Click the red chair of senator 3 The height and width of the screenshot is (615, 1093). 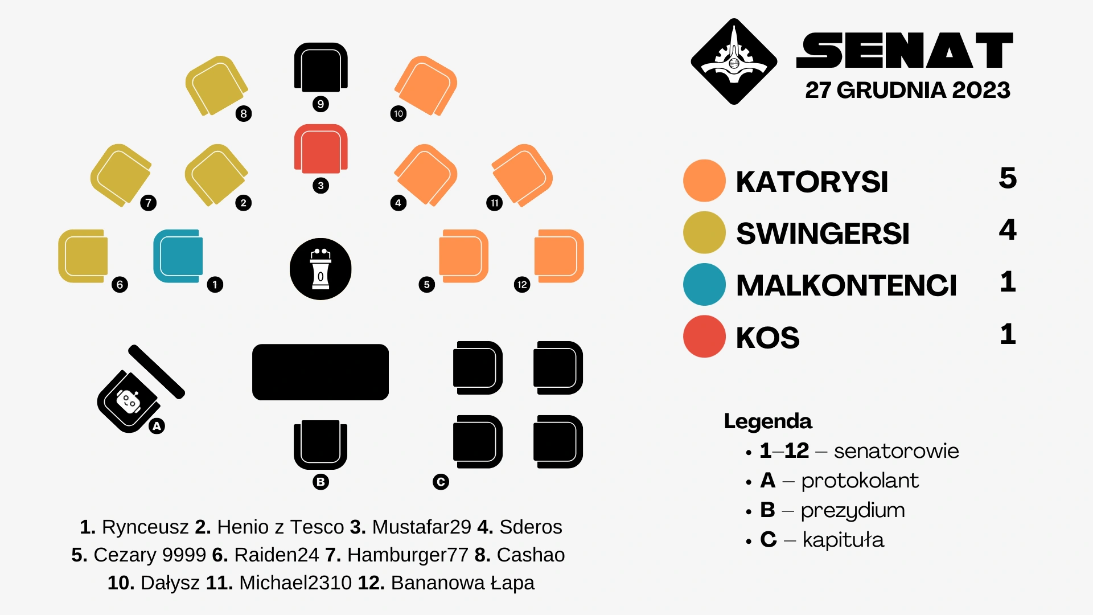(320, 149)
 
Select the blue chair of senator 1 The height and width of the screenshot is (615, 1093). (178, 256)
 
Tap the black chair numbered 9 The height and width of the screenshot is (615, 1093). (320, 67)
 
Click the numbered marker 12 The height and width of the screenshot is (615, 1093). (522, 285)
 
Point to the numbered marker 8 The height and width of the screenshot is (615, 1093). (244, 114)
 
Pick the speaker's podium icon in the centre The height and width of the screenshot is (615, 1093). (320, 269)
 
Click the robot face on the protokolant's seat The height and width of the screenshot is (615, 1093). (129, 401)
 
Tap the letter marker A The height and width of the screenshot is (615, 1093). (157, 426)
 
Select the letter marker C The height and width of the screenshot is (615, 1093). (441, 482)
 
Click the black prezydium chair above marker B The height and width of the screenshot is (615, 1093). (320, 444)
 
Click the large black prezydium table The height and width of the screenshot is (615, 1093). (320, 372)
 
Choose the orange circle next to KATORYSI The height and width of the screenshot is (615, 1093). (704, 181)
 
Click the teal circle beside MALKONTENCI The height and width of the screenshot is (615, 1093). (704, 284)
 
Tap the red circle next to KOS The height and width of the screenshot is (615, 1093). (704, 337)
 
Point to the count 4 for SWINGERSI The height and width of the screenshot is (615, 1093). (1008, 230)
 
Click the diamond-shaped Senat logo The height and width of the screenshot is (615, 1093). (734, 61)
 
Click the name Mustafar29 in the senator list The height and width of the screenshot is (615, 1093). (421, 527)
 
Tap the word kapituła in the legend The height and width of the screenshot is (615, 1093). (843, 540)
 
